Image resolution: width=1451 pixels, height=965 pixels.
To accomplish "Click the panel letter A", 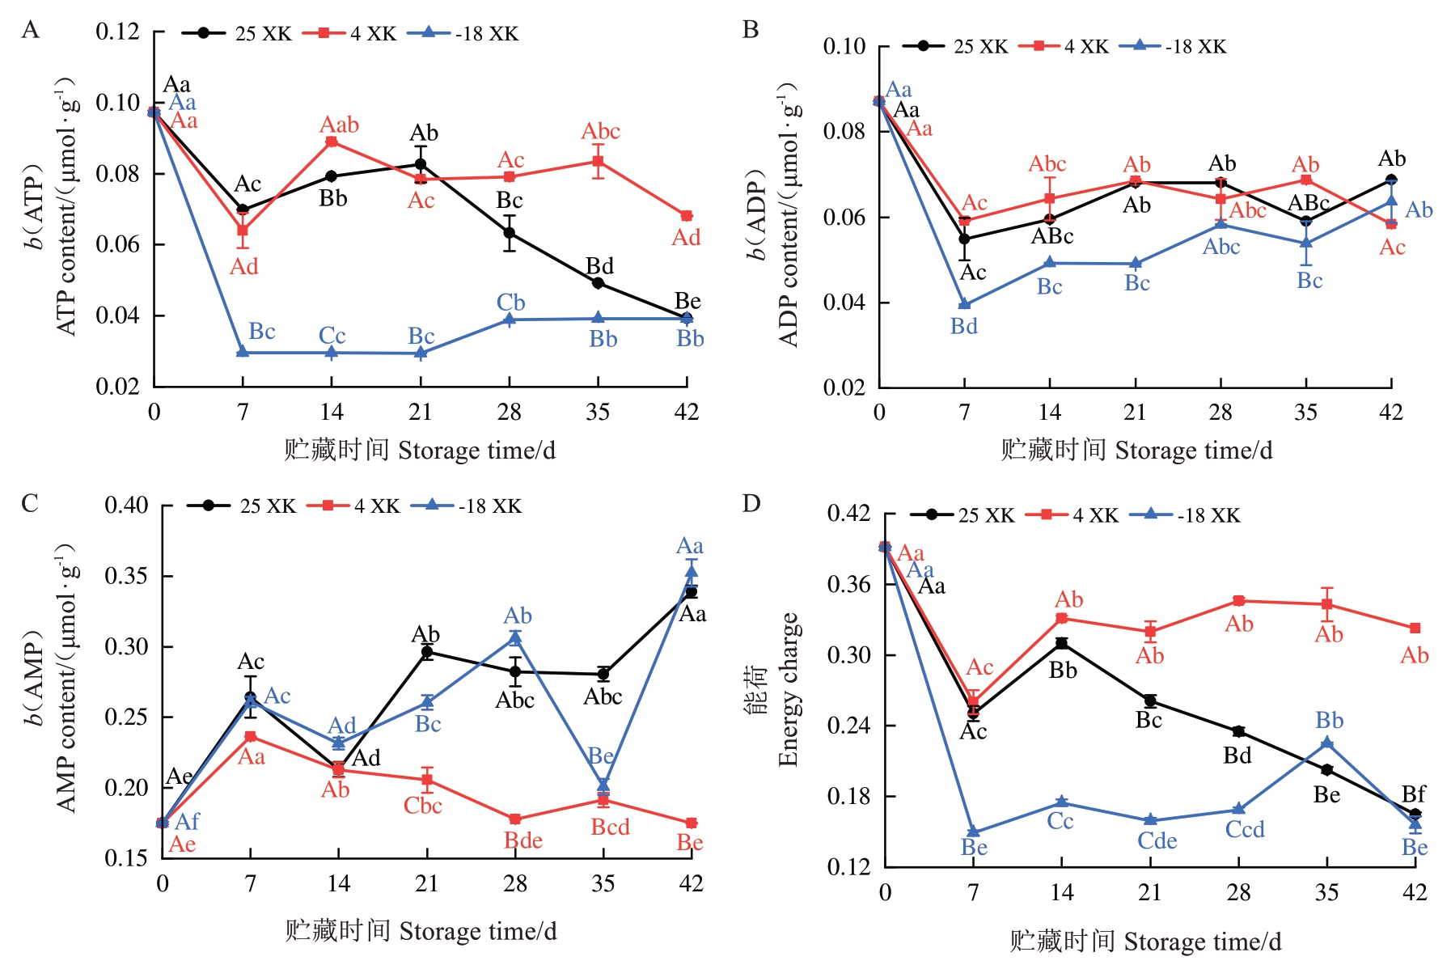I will click(x=30, y=30).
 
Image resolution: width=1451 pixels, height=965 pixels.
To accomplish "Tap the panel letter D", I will click(x=751, y=504).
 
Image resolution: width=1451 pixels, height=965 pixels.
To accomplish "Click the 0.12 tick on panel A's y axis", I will click(x=117, y=32).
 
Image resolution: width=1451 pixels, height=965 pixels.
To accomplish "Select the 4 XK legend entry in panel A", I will click(x=350, y=33).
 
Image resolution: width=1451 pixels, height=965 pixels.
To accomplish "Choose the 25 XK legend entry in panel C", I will click(x=242, y=506).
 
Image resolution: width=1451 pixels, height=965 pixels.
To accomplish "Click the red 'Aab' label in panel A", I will click(x=339, y=125).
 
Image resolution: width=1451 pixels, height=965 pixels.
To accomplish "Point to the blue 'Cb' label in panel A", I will click(x=510, y=303).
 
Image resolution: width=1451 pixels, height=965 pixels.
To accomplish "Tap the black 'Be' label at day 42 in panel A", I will click(x=687, y=301).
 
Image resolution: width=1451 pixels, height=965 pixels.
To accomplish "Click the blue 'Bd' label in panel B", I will click(x=963, y=326).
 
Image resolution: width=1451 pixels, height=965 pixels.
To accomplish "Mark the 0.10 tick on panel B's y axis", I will click(x=844, y=46).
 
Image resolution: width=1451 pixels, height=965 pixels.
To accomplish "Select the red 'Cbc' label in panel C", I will click(x=422, y=806).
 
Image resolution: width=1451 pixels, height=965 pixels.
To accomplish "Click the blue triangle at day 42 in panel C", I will click(x=692, y=572).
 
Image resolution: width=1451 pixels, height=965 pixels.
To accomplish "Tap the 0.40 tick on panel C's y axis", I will click(x=126, y=506).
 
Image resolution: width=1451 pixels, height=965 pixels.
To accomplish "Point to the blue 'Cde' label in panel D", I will click(x=1157, y=841).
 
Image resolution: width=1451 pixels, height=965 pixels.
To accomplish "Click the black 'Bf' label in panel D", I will click(x=1413, y=794).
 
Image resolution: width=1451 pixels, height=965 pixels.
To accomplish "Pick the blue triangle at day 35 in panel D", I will click(x=1326, y=743).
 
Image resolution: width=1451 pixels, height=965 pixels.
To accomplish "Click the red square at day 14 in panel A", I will click(x=332, y=142).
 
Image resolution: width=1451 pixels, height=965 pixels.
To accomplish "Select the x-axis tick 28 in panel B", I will click(x=1220, y=413).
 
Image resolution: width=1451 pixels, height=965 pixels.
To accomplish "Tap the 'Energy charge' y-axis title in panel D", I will click(x=789, y=689).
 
